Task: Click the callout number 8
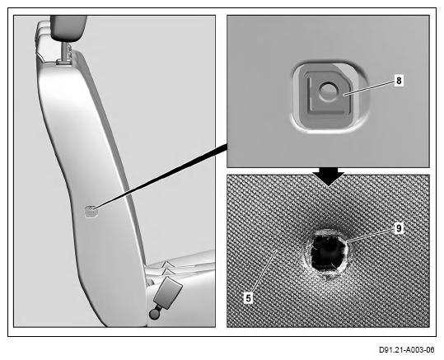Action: pos(399,81)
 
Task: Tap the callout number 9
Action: pos(399,228)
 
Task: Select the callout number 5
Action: pos(248,298)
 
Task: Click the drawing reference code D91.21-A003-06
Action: pos(407,350)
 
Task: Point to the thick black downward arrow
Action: pos(328,176)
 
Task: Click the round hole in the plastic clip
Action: pos(328,91)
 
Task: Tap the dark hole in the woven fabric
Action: pos(328,252)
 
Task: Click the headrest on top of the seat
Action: pos(69,28)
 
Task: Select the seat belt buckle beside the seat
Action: pos(168,292)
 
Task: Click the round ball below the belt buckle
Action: pos(155,314)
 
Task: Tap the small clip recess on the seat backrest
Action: pos(91,211)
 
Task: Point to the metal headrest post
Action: pos(67,51)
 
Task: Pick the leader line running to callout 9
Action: pos(371,235)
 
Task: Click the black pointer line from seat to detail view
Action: pos(161,177)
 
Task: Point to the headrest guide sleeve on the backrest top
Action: pos(63,63)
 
